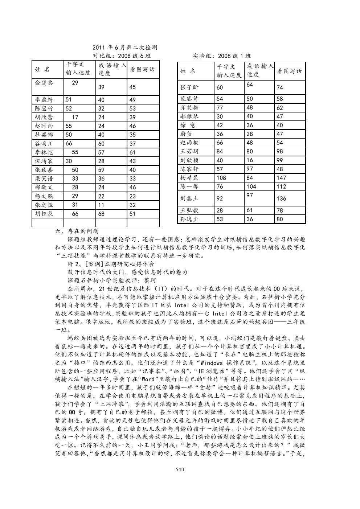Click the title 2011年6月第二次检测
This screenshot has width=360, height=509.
point(124,48)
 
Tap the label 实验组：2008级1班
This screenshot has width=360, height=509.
point(222,56)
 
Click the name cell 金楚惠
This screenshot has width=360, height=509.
point(44,83)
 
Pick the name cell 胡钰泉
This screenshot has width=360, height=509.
point(44,213)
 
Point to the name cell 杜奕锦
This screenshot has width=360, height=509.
point(44,135)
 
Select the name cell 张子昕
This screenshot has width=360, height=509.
point(189,87)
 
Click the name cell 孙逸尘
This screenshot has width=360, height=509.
point(189,219)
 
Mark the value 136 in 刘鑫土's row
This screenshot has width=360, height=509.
point(281,198)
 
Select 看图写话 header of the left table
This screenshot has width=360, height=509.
point(143,69)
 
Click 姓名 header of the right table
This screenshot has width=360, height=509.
point(188,71)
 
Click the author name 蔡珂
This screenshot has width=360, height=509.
point(152,280)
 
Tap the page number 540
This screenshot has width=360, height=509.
point(180,469)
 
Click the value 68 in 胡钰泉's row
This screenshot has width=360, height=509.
point(102,214)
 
